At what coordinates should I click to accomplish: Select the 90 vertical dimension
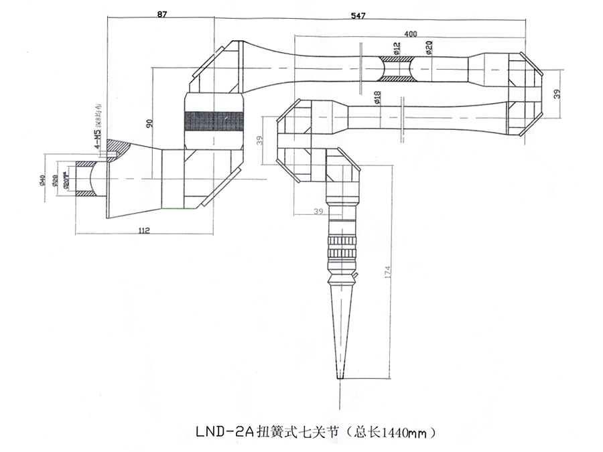[x=149, y=122]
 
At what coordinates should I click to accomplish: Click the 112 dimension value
[x=143, y=231]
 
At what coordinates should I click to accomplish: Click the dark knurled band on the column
[x=212, y=121]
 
